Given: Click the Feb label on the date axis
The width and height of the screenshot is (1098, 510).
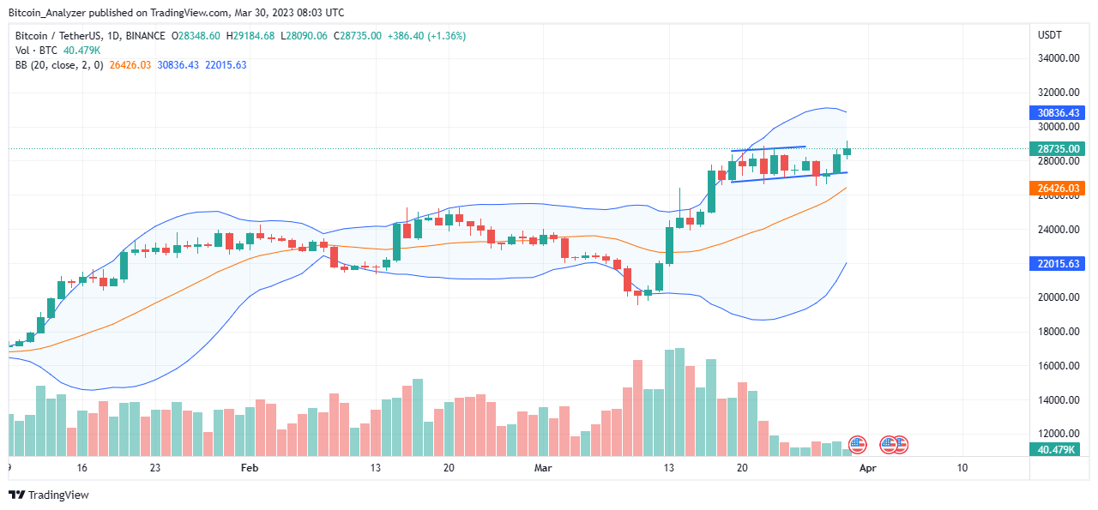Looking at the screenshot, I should [x=250, y=468].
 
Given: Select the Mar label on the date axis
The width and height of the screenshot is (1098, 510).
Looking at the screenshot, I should [x=542, y=468].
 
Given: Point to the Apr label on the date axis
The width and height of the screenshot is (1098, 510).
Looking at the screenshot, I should [x=867, y=468].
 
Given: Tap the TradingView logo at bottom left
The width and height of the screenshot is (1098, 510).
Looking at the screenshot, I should [x=49, y=495].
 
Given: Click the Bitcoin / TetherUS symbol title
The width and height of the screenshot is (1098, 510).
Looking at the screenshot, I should [x=65, y=36].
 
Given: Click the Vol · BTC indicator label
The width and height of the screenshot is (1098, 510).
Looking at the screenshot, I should [x=36, y=51].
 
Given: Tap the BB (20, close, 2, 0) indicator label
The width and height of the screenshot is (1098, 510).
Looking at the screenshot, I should [x=58, y=65].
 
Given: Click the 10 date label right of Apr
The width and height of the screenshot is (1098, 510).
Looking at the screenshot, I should [x=962, y=468].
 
